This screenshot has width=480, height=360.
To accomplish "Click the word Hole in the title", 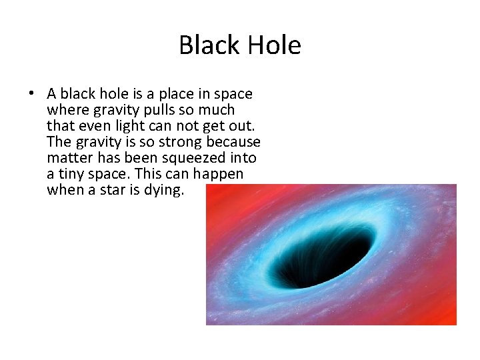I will (x=274, y=45).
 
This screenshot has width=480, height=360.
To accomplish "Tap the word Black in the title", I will (x=209, y=45).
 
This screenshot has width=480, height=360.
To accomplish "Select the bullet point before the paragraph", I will (x=33, y=94).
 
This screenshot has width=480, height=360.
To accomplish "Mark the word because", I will (x=234, y=142).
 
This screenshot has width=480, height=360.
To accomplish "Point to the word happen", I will (x=219, y=174).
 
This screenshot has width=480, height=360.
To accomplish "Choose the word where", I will (x=66, y=110).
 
